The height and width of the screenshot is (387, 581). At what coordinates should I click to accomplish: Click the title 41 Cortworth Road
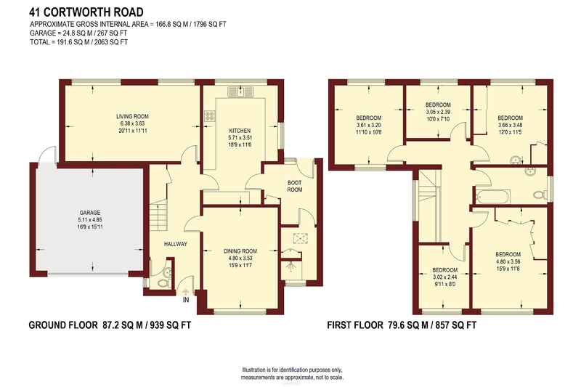(x=86, y=12)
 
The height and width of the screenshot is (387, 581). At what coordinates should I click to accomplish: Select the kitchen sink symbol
(x=240, y=91)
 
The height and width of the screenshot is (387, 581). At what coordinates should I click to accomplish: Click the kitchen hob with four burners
(x=210, y=116)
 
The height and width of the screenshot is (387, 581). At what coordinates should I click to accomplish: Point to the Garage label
(x=89, y=213)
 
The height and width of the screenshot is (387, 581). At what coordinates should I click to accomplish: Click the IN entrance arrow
(x=186, y=293)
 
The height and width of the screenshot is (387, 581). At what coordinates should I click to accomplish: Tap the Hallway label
(x=176, y=244)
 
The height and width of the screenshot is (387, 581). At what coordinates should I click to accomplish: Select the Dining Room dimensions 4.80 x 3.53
(x=240, y=258)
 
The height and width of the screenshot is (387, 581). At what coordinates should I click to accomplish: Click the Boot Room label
(x=295, y=186)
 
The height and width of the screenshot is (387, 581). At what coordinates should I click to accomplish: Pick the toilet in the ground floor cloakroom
(x=163, y=284)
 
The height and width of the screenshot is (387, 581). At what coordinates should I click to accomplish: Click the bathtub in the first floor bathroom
(x=493, y=196)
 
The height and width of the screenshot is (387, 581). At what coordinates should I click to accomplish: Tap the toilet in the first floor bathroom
(x=540, y=195)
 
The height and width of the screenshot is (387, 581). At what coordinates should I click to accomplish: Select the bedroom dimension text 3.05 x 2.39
(x=438, y=112)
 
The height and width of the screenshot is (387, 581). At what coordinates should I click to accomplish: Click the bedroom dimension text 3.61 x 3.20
(x=368, y=125)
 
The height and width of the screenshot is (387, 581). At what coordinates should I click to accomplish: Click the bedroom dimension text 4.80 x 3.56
(x=508, y=261)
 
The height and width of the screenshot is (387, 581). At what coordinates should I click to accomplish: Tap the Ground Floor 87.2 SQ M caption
(x=110, y=325)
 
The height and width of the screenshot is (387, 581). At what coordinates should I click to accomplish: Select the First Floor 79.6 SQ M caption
(x=402, y=325)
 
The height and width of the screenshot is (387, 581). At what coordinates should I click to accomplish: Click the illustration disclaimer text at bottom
(x=292, y=374)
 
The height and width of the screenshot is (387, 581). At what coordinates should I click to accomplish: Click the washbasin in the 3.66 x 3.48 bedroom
(x=515, y=160)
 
